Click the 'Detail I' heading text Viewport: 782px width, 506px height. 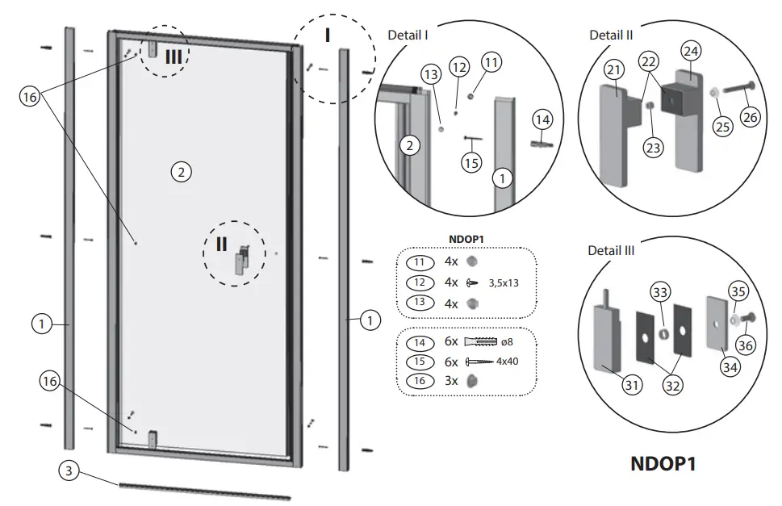(x=408, y=36)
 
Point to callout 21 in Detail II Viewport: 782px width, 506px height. (x=614, y=71)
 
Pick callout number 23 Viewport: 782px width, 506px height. (x=653, y=147)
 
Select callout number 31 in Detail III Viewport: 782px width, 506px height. (x=632, y=386)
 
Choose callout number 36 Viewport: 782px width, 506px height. (x=745, y=345)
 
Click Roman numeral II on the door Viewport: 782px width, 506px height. (x=221, y=245)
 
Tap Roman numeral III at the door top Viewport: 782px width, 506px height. (x=174, y=56)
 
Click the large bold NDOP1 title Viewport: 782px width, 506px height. (x=662, y=465)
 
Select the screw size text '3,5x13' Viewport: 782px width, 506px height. (x=504, y=283)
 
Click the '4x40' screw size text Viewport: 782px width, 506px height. (x=507, y=361)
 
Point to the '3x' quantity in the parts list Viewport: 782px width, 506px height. (x=451, y=381)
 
